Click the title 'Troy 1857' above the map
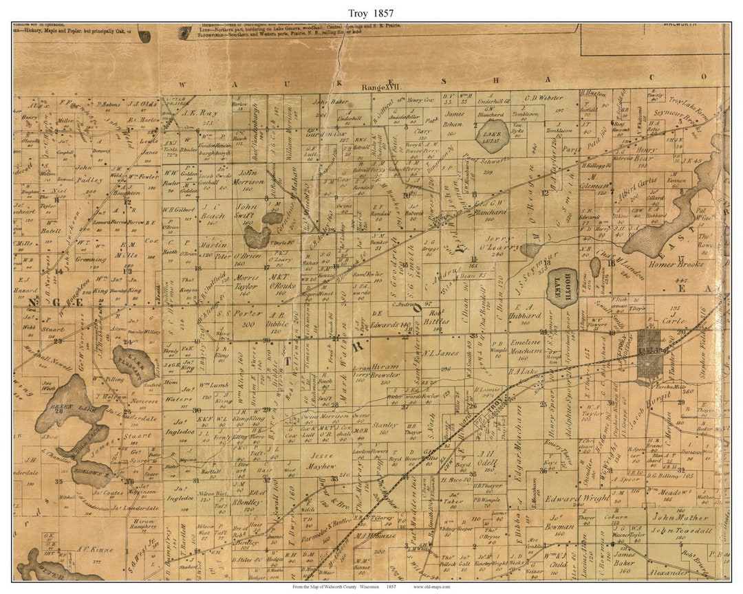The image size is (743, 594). (x=371, y=12)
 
